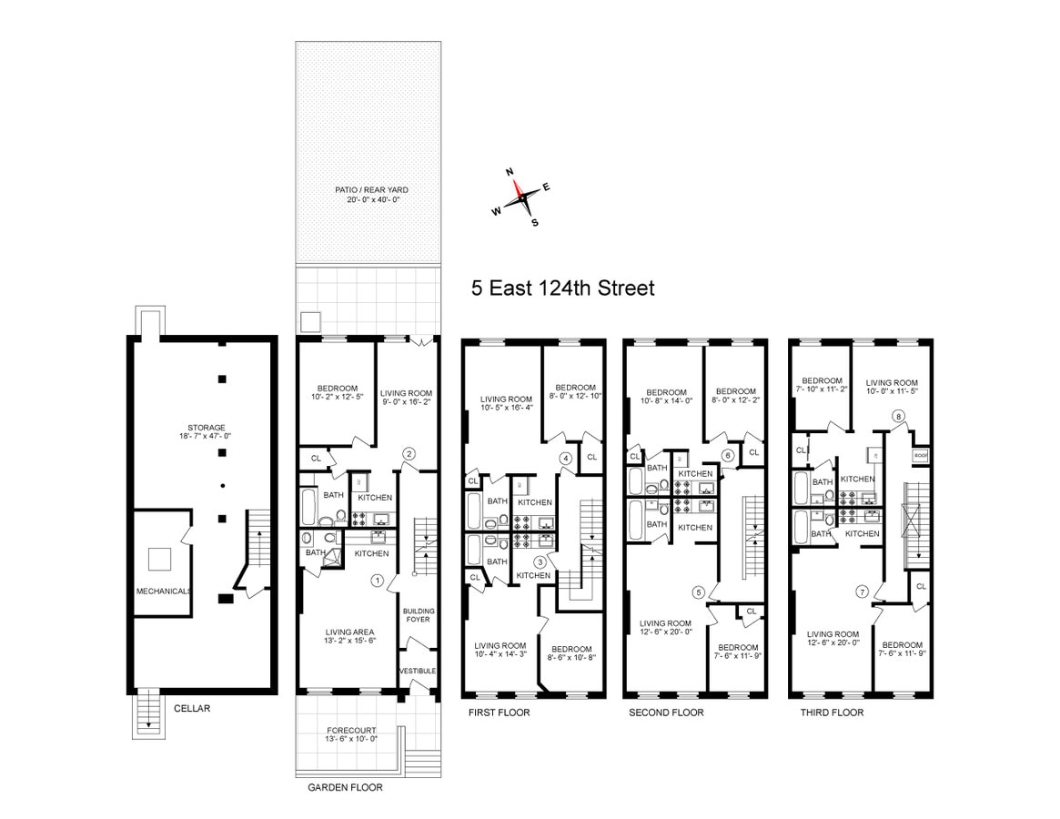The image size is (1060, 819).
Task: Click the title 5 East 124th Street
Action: point(562,288)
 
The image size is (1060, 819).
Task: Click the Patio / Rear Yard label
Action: point(369,194)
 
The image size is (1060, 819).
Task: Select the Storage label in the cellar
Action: point(201,432)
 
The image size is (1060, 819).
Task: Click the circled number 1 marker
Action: point(376,580)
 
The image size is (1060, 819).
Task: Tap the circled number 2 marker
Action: point(409,453)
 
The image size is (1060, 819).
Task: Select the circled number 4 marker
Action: point(566,458)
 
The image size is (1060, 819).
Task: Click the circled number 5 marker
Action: point(699,592)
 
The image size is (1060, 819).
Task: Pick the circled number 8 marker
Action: point(899,416)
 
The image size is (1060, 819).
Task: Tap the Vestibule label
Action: point(418,672)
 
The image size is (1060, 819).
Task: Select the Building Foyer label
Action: point(419,616)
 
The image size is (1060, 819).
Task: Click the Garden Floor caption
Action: point(345,788)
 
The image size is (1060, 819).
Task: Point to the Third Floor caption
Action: point(832,713)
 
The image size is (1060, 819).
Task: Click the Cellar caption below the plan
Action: point(192,707)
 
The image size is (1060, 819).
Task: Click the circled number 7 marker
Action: point(861,592)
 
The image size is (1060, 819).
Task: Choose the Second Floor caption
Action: point(666,713)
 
